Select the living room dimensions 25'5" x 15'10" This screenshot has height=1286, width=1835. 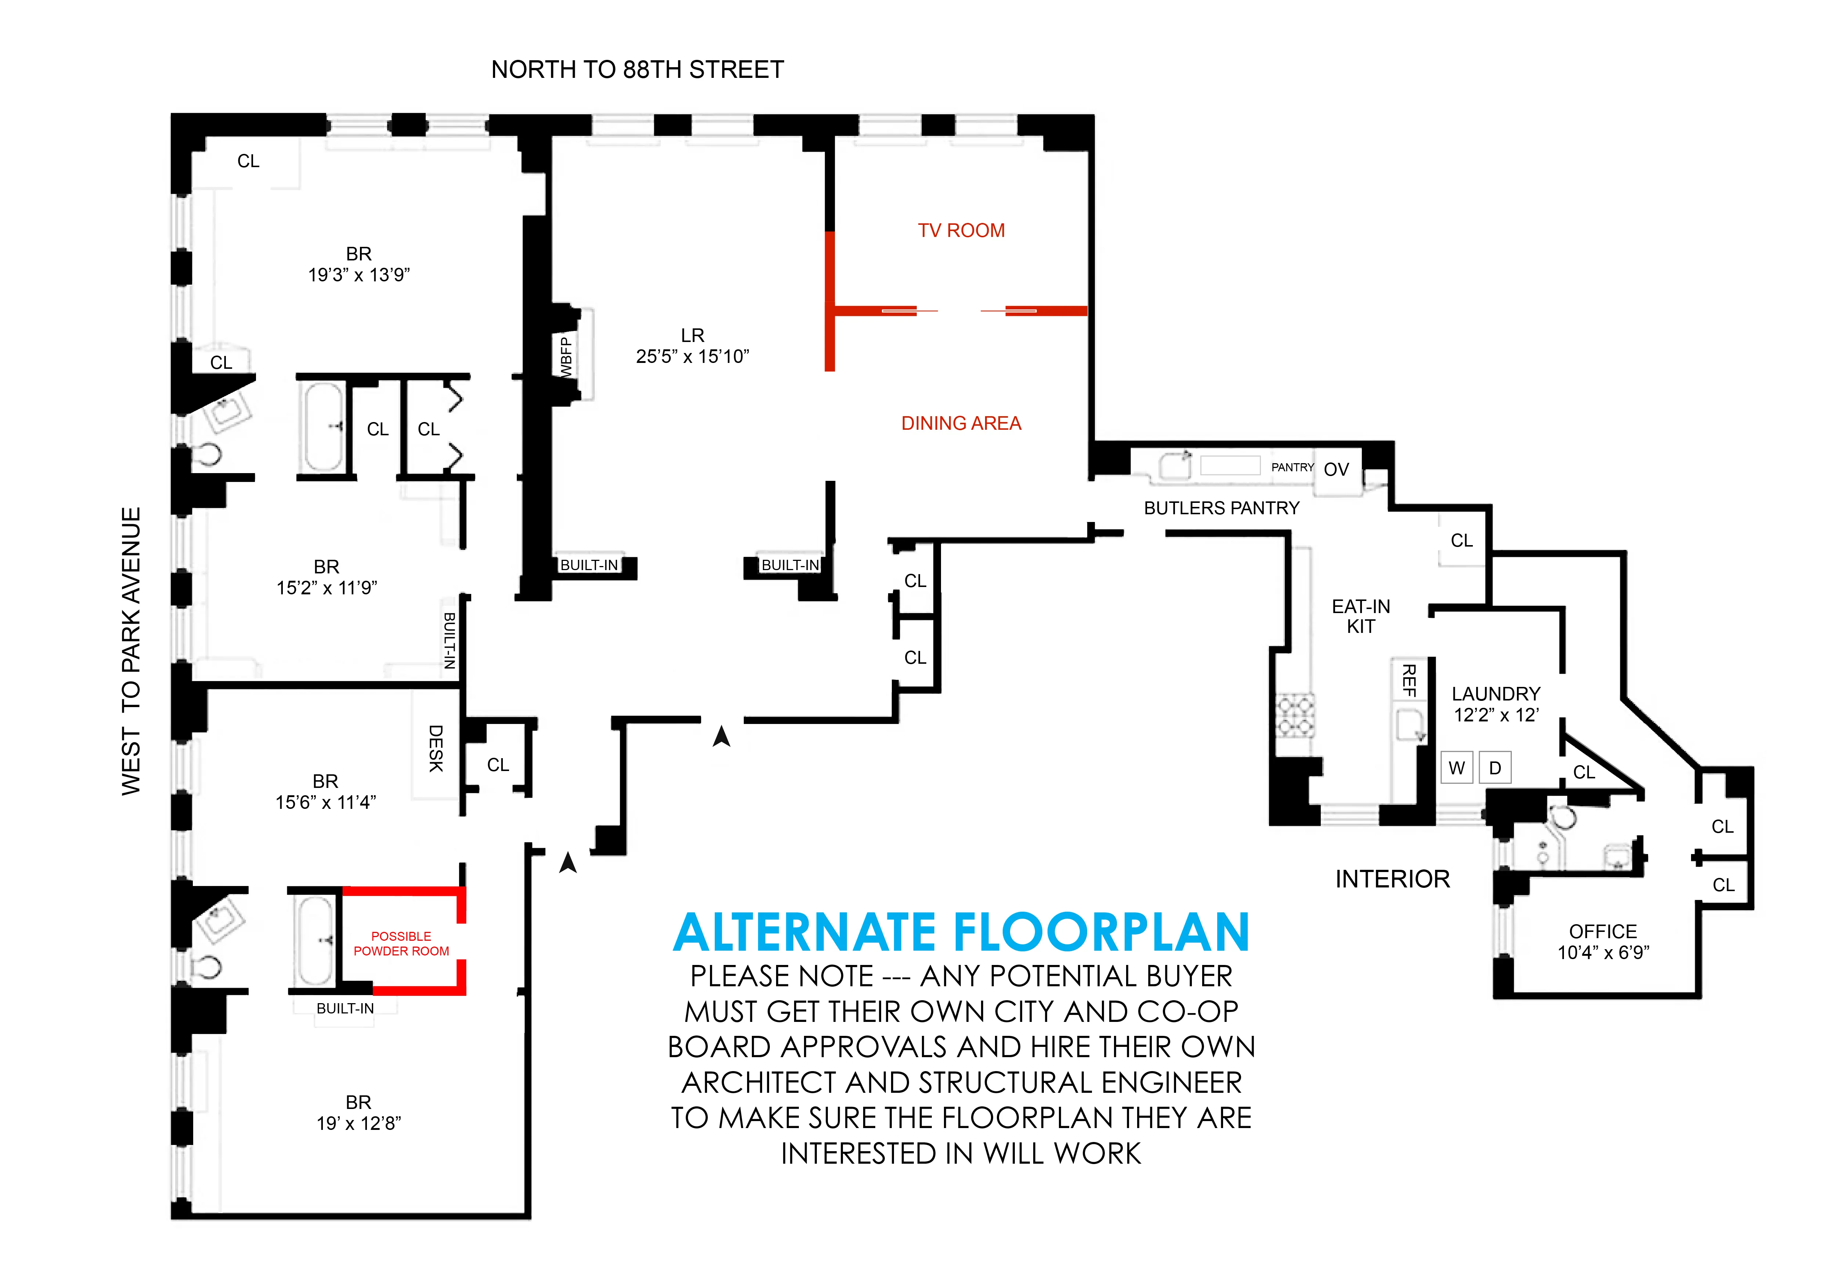click(x=692, y=356)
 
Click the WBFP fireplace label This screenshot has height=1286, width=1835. click(x=566, y=356)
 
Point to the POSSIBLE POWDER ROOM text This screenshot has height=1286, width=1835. click(x=401, y=944)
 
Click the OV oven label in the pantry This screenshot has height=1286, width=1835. click(x=1336, y=470)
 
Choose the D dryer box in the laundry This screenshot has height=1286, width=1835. click(x=1495, y=768)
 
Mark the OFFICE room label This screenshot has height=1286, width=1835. click(x=1603, y=932)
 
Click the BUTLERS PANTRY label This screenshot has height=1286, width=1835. click(x=1221, y=508)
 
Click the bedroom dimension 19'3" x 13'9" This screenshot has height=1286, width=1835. click(x=359, y=275)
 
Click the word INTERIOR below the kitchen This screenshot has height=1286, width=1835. click(x=1392, y=879)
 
